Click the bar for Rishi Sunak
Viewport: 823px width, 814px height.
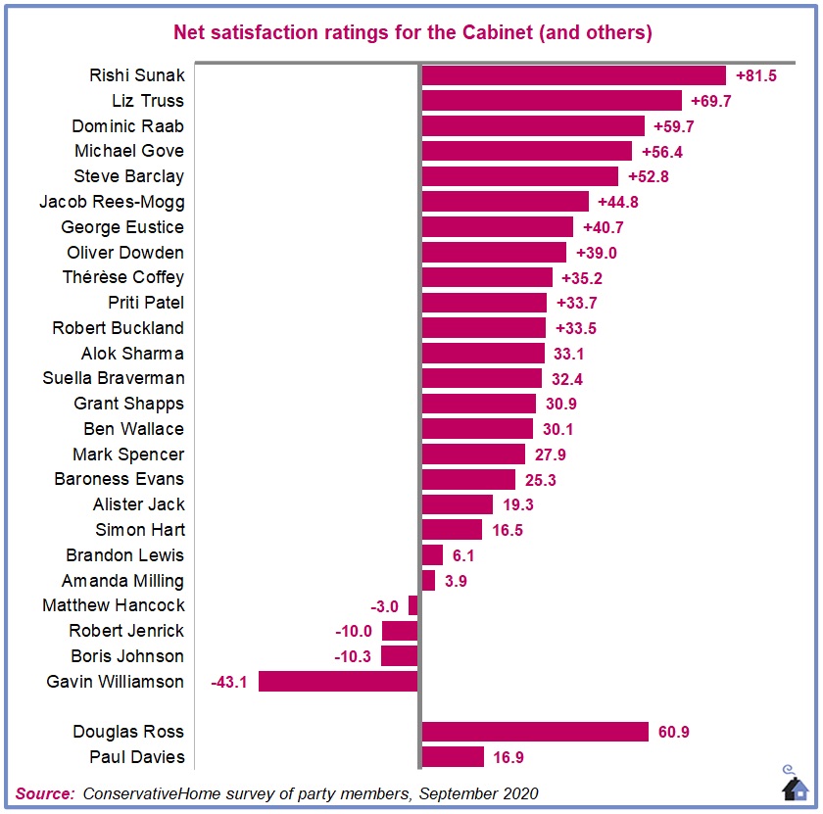click(573, 75)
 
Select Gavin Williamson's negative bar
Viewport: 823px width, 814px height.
click(338, 681)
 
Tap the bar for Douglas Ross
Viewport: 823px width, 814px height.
click(535, 732)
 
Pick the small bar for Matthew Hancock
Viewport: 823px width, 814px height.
click(413, 605)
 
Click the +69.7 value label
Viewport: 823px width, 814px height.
click(711, 101)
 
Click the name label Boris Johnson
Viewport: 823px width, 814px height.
click(126, 656)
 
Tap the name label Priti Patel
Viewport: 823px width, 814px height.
click(146, 303)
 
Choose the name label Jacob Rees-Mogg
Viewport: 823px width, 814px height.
click(112, 202)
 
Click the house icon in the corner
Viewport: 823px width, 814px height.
click(795, 786)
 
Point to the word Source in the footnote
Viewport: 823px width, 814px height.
click(44, 792)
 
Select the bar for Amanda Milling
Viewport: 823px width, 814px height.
click(428, 580)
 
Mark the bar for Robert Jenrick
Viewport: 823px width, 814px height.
click(400, 631)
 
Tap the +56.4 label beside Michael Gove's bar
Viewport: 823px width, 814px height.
click(661, 151)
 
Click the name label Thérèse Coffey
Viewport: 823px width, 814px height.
click(123, 277)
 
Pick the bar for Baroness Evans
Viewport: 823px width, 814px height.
click(468, 479)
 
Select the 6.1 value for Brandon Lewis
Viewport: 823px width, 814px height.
click(464, 554)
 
